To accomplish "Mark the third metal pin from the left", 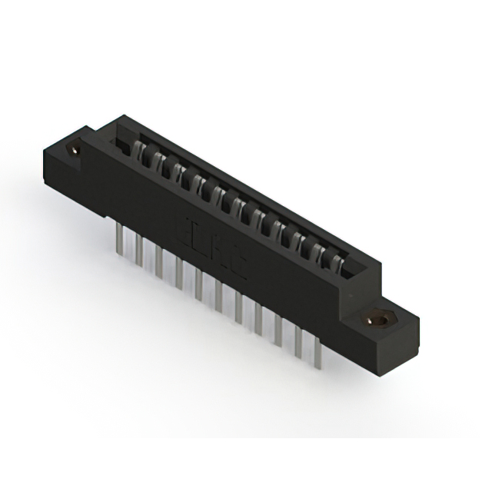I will pyautogui.click(x=158, y=261).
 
